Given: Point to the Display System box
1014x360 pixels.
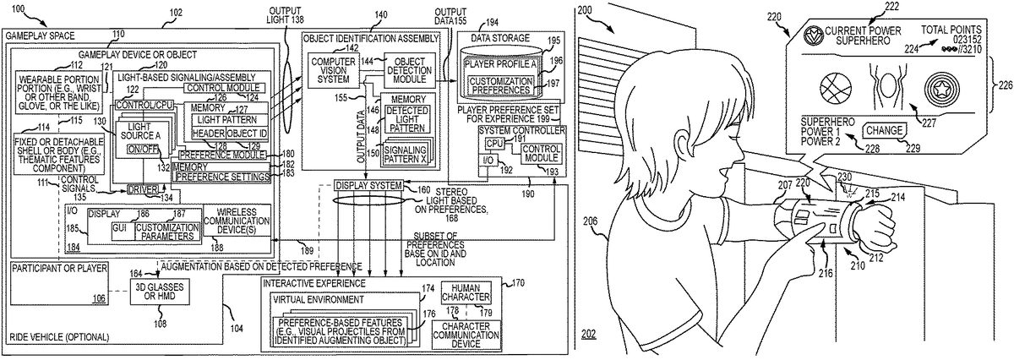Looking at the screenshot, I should point(368,185).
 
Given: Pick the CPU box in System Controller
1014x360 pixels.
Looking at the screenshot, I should point(494,145).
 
